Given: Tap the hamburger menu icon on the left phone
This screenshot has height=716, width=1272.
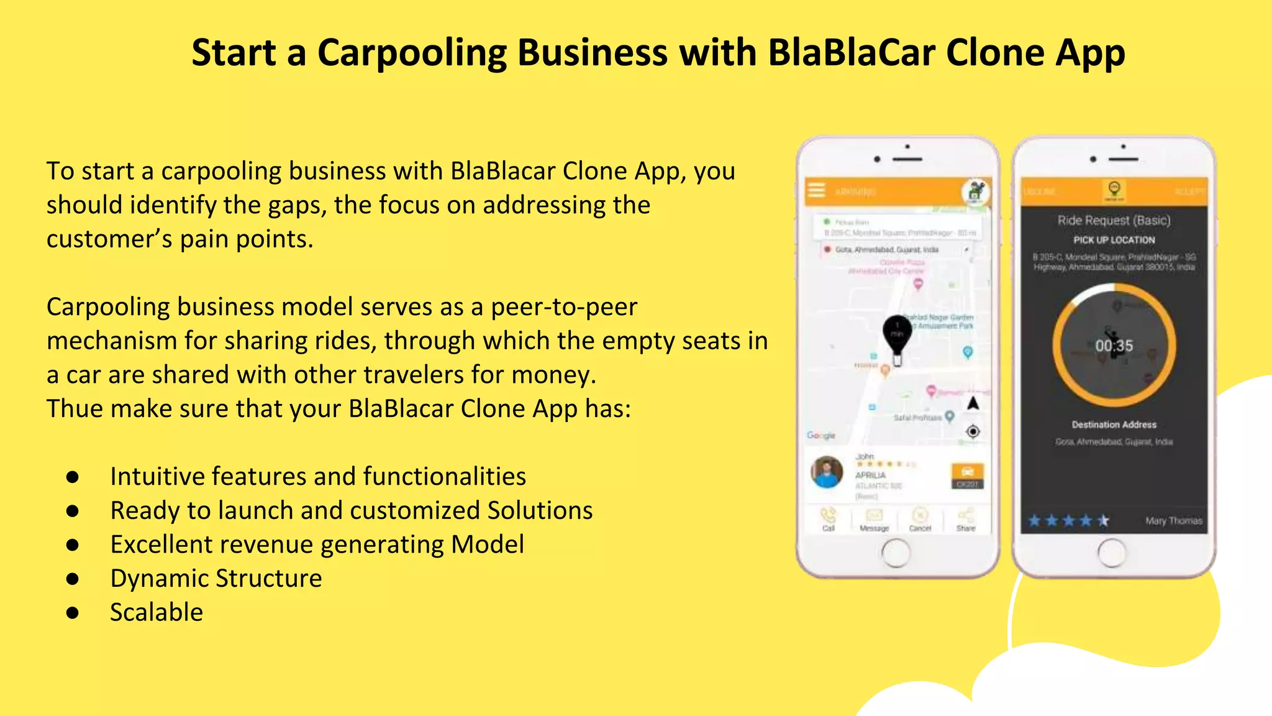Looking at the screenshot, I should click(x=817, y=190).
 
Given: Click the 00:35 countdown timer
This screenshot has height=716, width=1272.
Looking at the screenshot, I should click(x=1114, y=346).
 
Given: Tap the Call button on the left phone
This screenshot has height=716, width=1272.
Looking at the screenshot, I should click(x=829, y=519).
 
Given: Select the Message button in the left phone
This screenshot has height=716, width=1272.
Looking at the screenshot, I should click(x=874, y=519).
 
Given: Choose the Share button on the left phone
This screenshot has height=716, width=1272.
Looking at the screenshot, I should click(x=966, y=519).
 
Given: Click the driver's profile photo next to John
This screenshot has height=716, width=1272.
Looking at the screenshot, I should click(x=827, y=472).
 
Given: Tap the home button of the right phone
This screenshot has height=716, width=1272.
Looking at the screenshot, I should click(x=1112, y=553).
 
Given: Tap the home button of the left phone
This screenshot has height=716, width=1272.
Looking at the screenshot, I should click(x=896, y=553).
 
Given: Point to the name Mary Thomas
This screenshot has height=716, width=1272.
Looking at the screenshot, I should click(x=1173, y=521).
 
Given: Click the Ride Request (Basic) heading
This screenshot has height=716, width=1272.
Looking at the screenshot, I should click(x=1114, y=220).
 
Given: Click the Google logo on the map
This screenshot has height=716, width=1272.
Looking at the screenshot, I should click(x=820, y=435).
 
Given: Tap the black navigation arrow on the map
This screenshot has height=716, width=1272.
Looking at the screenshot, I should click(x=973, y=403).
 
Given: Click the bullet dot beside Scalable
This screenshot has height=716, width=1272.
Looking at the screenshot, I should click(x=73, y=613).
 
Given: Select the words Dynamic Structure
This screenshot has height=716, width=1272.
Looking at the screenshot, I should click(x=216, y=579).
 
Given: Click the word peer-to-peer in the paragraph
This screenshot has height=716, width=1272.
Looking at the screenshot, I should click(x=564, y=307).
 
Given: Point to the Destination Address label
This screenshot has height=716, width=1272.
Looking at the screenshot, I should click(x=1114, y=425).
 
